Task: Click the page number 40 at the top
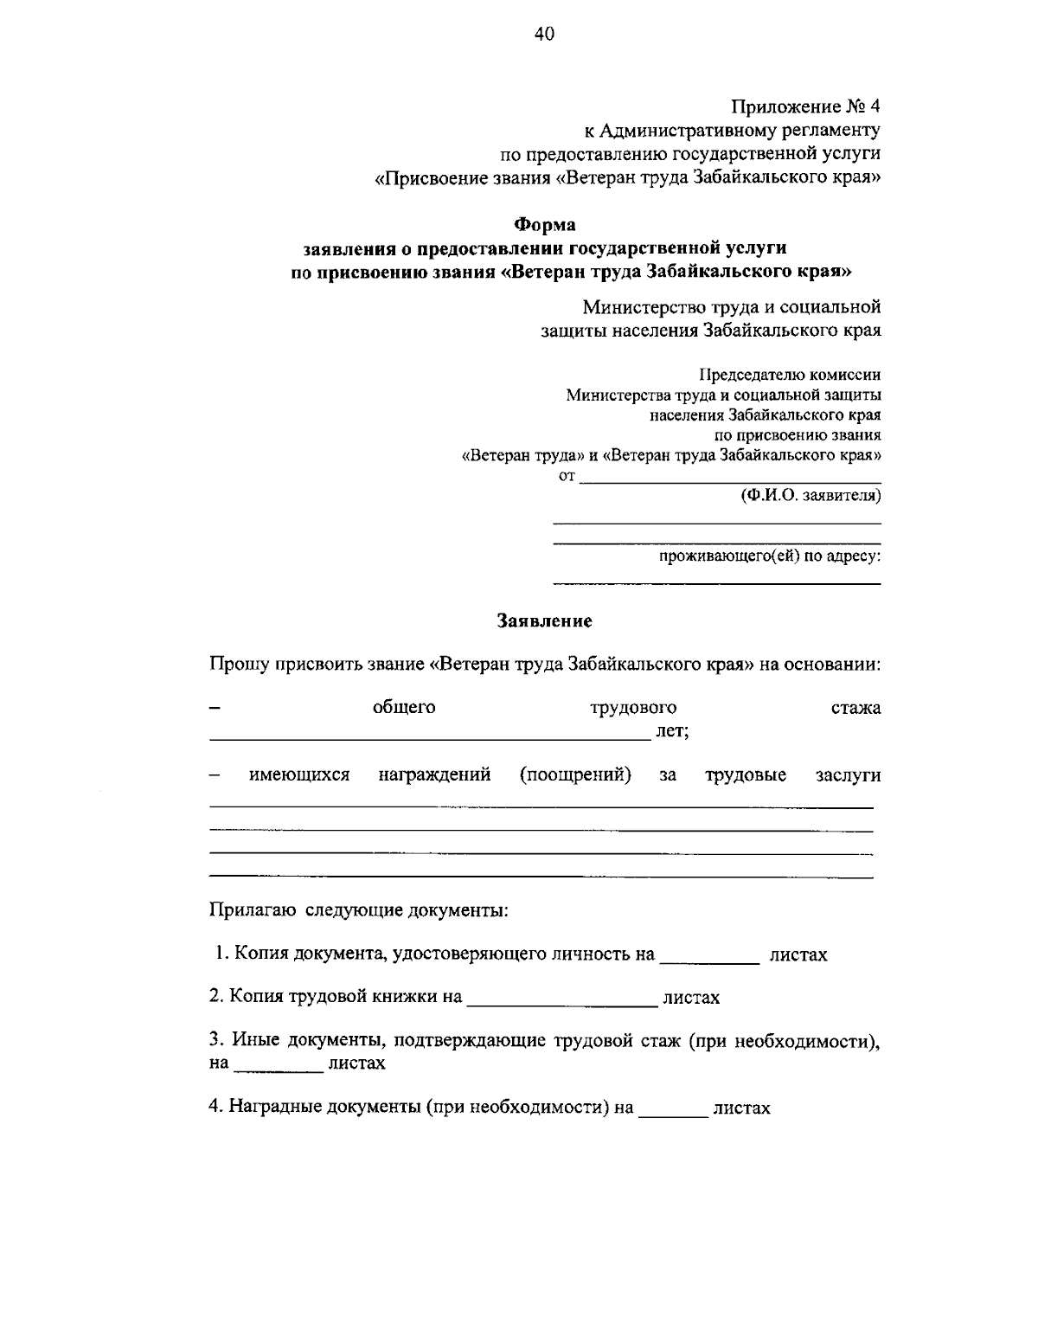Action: click(544, 34)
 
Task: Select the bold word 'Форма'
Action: click(545, 225)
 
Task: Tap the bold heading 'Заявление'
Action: click(544, 620)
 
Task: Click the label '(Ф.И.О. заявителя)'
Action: click(810, 496)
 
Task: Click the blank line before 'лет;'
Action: click(429, 738)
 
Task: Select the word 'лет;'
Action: click(672, 732)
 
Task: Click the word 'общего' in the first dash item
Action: click(404, 708)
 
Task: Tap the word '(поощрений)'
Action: click(575, 774)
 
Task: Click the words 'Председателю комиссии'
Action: click(790, 376)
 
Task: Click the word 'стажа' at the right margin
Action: click(855, 708)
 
